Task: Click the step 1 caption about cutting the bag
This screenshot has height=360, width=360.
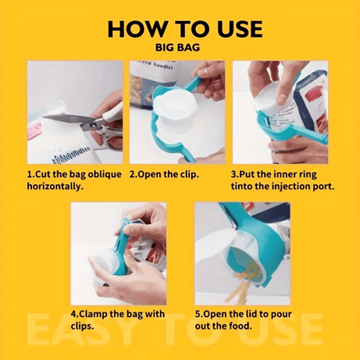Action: pyautogui.click(x=74, y=180)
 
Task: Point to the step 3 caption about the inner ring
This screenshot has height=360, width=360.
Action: pyautogui.click(x=280, y=180)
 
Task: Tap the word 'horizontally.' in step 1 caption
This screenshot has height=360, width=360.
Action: pyautogui.click(x=55, y=187)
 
